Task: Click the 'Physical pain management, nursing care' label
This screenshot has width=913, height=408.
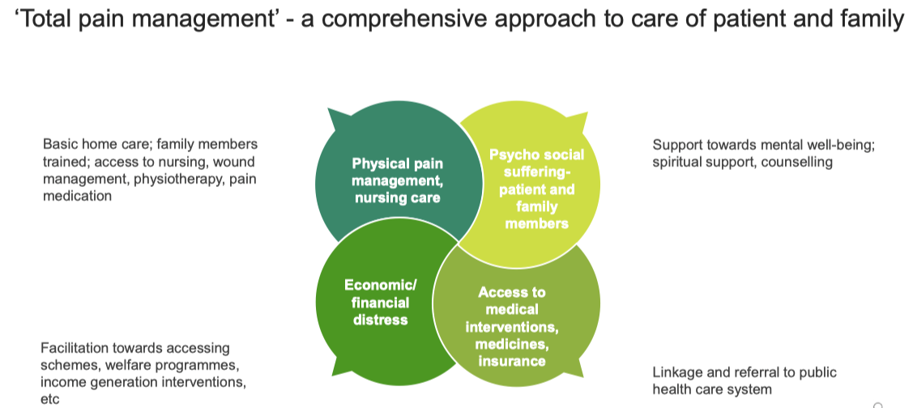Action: tap(397, 180)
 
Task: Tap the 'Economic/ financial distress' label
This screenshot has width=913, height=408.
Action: tap(380, 302)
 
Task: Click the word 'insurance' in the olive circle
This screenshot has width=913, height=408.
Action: tap(511, 361)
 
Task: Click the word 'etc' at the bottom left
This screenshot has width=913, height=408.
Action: tap(49, 398)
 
